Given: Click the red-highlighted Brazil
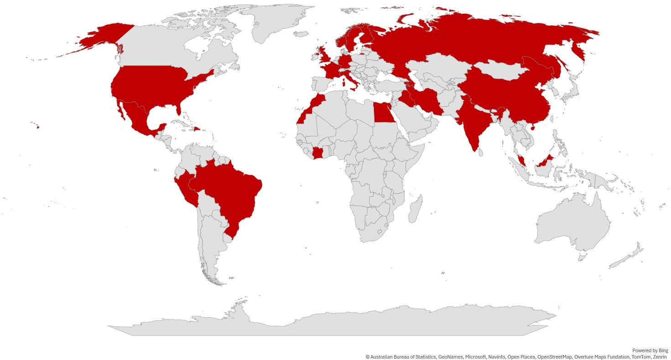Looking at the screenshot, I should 228,187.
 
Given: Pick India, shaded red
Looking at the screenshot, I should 472,123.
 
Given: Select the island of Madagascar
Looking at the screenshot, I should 415,210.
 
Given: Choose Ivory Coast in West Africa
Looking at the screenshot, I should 319,153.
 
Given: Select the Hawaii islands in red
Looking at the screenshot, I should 37,127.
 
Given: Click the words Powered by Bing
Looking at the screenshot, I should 650,350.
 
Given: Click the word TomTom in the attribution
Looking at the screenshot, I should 641,357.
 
